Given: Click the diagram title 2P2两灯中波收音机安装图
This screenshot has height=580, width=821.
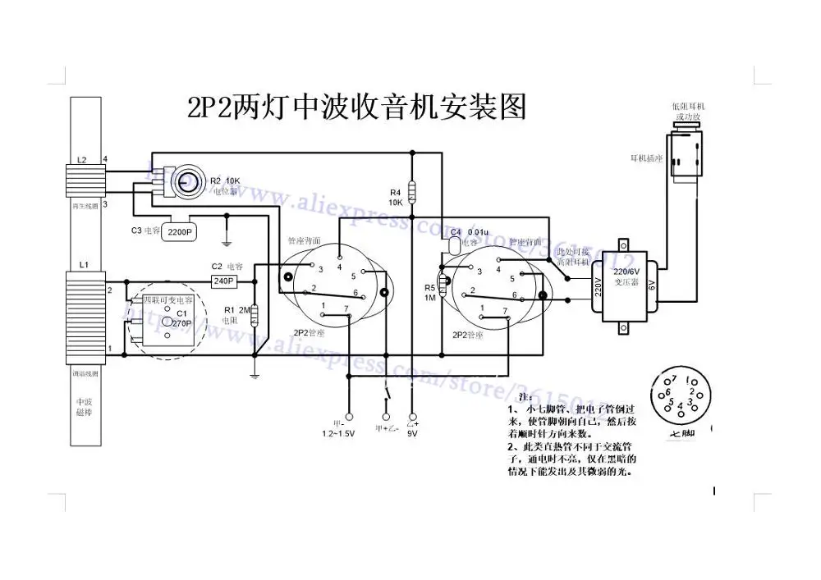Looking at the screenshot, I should [x=357, y=107].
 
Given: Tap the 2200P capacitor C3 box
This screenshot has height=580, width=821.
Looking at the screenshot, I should [x=181, y=233].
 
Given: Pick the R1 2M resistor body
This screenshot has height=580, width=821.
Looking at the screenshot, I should [x=254, y=315].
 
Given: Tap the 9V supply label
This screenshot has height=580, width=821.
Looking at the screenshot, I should [x=413, y=432].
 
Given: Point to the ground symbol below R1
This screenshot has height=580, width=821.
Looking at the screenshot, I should [x=255, y=376].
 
